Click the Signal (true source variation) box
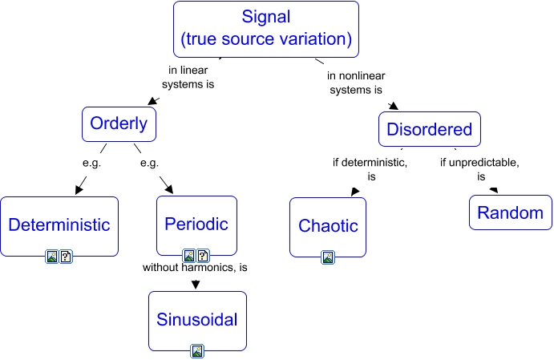click(265, 28)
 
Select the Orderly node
click(119, 124)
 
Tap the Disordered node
click(429, 130)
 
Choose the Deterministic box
click(59, 225)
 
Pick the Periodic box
click(196, 224)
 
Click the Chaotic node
click(327, 226)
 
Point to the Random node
click(510, 213)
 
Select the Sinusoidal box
click(197, 321)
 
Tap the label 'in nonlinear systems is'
click(354, 83)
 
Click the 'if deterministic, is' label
click(370, 169)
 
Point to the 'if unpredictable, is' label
click(479, 169)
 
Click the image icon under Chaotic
click(328, 257)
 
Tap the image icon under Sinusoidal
click(197, 350)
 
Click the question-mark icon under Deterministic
click(67, 257)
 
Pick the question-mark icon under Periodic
click(203, 256)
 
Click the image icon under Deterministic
click(53, 257)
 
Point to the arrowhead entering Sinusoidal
click(196, 283)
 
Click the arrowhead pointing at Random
click(493, 190)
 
